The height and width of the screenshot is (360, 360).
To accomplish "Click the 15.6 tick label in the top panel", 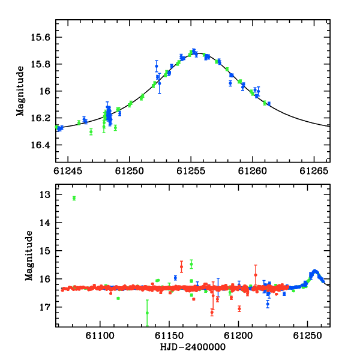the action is pyautogui.click(x=40, y=37).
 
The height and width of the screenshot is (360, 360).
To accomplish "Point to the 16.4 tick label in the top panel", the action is pyautogui.click(x=40, y=145).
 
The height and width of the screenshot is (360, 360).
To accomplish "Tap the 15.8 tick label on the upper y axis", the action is pyautogui.click(x=40, y=64).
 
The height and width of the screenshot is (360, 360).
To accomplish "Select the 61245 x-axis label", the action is pyautogui.click(x=68, y=171).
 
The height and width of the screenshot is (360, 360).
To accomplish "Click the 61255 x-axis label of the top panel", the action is pyautogui.click(x=191, y=171).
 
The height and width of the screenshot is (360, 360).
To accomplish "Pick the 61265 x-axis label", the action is pyautogui.click(x=314, y=171).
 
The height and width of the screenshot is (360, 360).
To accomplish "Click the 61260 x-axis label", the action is pyautogui.click(x=253, y=171).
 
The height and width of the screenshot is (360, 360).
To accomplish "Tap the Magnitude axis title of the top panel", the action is pyautogui.click(x=20, y=91).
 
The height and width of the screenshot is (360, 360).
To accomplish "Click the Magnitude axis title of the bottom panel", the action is pyautogui.click(x=29, y=256).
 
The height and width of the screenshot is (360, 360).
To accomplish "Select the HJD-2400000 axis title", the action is pyautogui.click(x=193, y=347).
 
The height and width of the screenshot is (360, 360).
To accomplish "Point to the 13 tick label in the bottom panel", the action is pyautogui.click(x=45, y=194).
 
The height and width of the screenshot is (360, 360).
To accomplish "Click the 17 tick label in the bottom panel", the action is pyautogui.click(x=45, y=307).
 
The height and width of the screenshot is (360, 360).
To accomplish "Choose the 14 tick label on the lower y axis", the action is pyautogui.click(x=45, y=223).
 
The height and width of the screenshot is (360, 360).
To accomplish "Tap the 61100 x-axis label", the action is pyautogui.click(x=100, y=335).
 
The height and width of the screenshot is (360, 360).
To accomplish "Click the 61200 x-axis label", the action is pyautogui.click(x=238, y=335).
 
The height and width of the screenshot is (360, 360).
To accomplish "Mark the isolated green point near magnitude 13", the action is pyautogui.click(x=74, y=199).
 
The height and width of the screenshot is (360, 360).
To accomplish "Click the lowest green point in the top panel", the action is pyautogui.click(x=91, y=132).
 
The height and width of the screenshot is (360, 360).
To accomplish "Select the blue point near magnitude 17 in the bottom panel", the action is pyautogui.click(x=268, y=304).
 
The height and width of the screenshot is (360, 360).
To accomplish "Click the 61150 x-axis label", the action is pyautogui.click(x=169, y=335).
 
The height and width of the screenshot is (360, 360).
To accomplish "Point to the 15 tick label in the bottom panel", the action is pyautogui.click(x=45, y=251).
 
